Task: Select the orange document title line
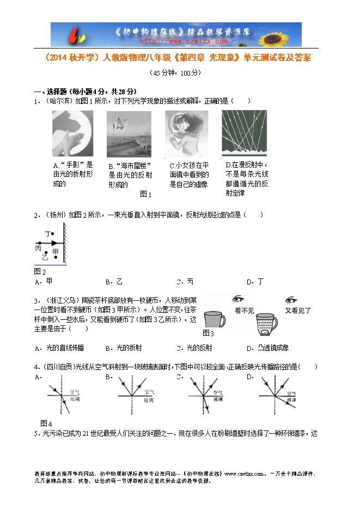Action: tap(179, 57)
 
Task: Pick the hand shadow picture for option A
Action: tap(72, 133)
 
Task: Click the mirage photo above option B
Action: tap(129, 133)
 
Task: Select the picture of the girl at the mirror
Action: tap(186, 133)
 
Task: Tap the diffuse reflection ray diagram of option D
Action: tap(245, 133)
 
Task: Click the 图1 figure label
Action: tap(145, 194)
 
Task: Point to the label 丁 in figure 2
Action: tap(47, 234)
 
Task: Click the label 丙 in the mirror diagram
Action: tap(38, 248)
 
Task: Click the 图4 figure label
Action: tap(46, 423)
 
